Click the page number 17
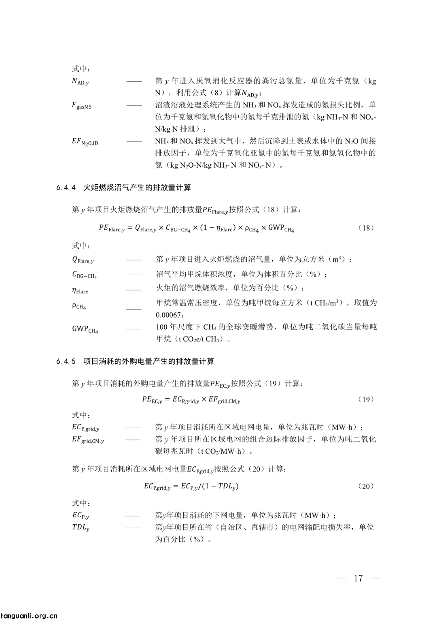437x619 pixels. pos(358,578)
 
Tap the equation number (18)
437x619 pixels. pos(366,228)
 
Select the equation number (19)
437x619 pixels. pos(366,399)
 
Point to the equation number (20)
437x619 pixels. pos(366,486)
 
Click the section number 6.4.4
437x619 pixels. pos(66,188)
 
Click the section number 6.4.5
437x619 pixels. pos(66,361)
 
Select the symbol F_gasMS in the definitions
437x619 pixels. pos(82,106)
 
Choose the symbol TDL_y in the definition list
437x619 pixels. pos(81,527)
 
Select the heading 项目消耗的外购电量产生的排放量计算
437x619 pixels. pos(148,361)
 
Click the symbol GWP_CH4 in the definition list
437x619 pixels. pos(85,329)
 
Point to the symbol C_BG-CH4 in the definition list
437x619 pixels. pos(85,275)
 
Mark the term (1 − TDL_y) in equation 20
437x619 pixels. pos(221,486)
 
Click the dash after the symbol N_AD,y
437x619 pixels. pos(134,82)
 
